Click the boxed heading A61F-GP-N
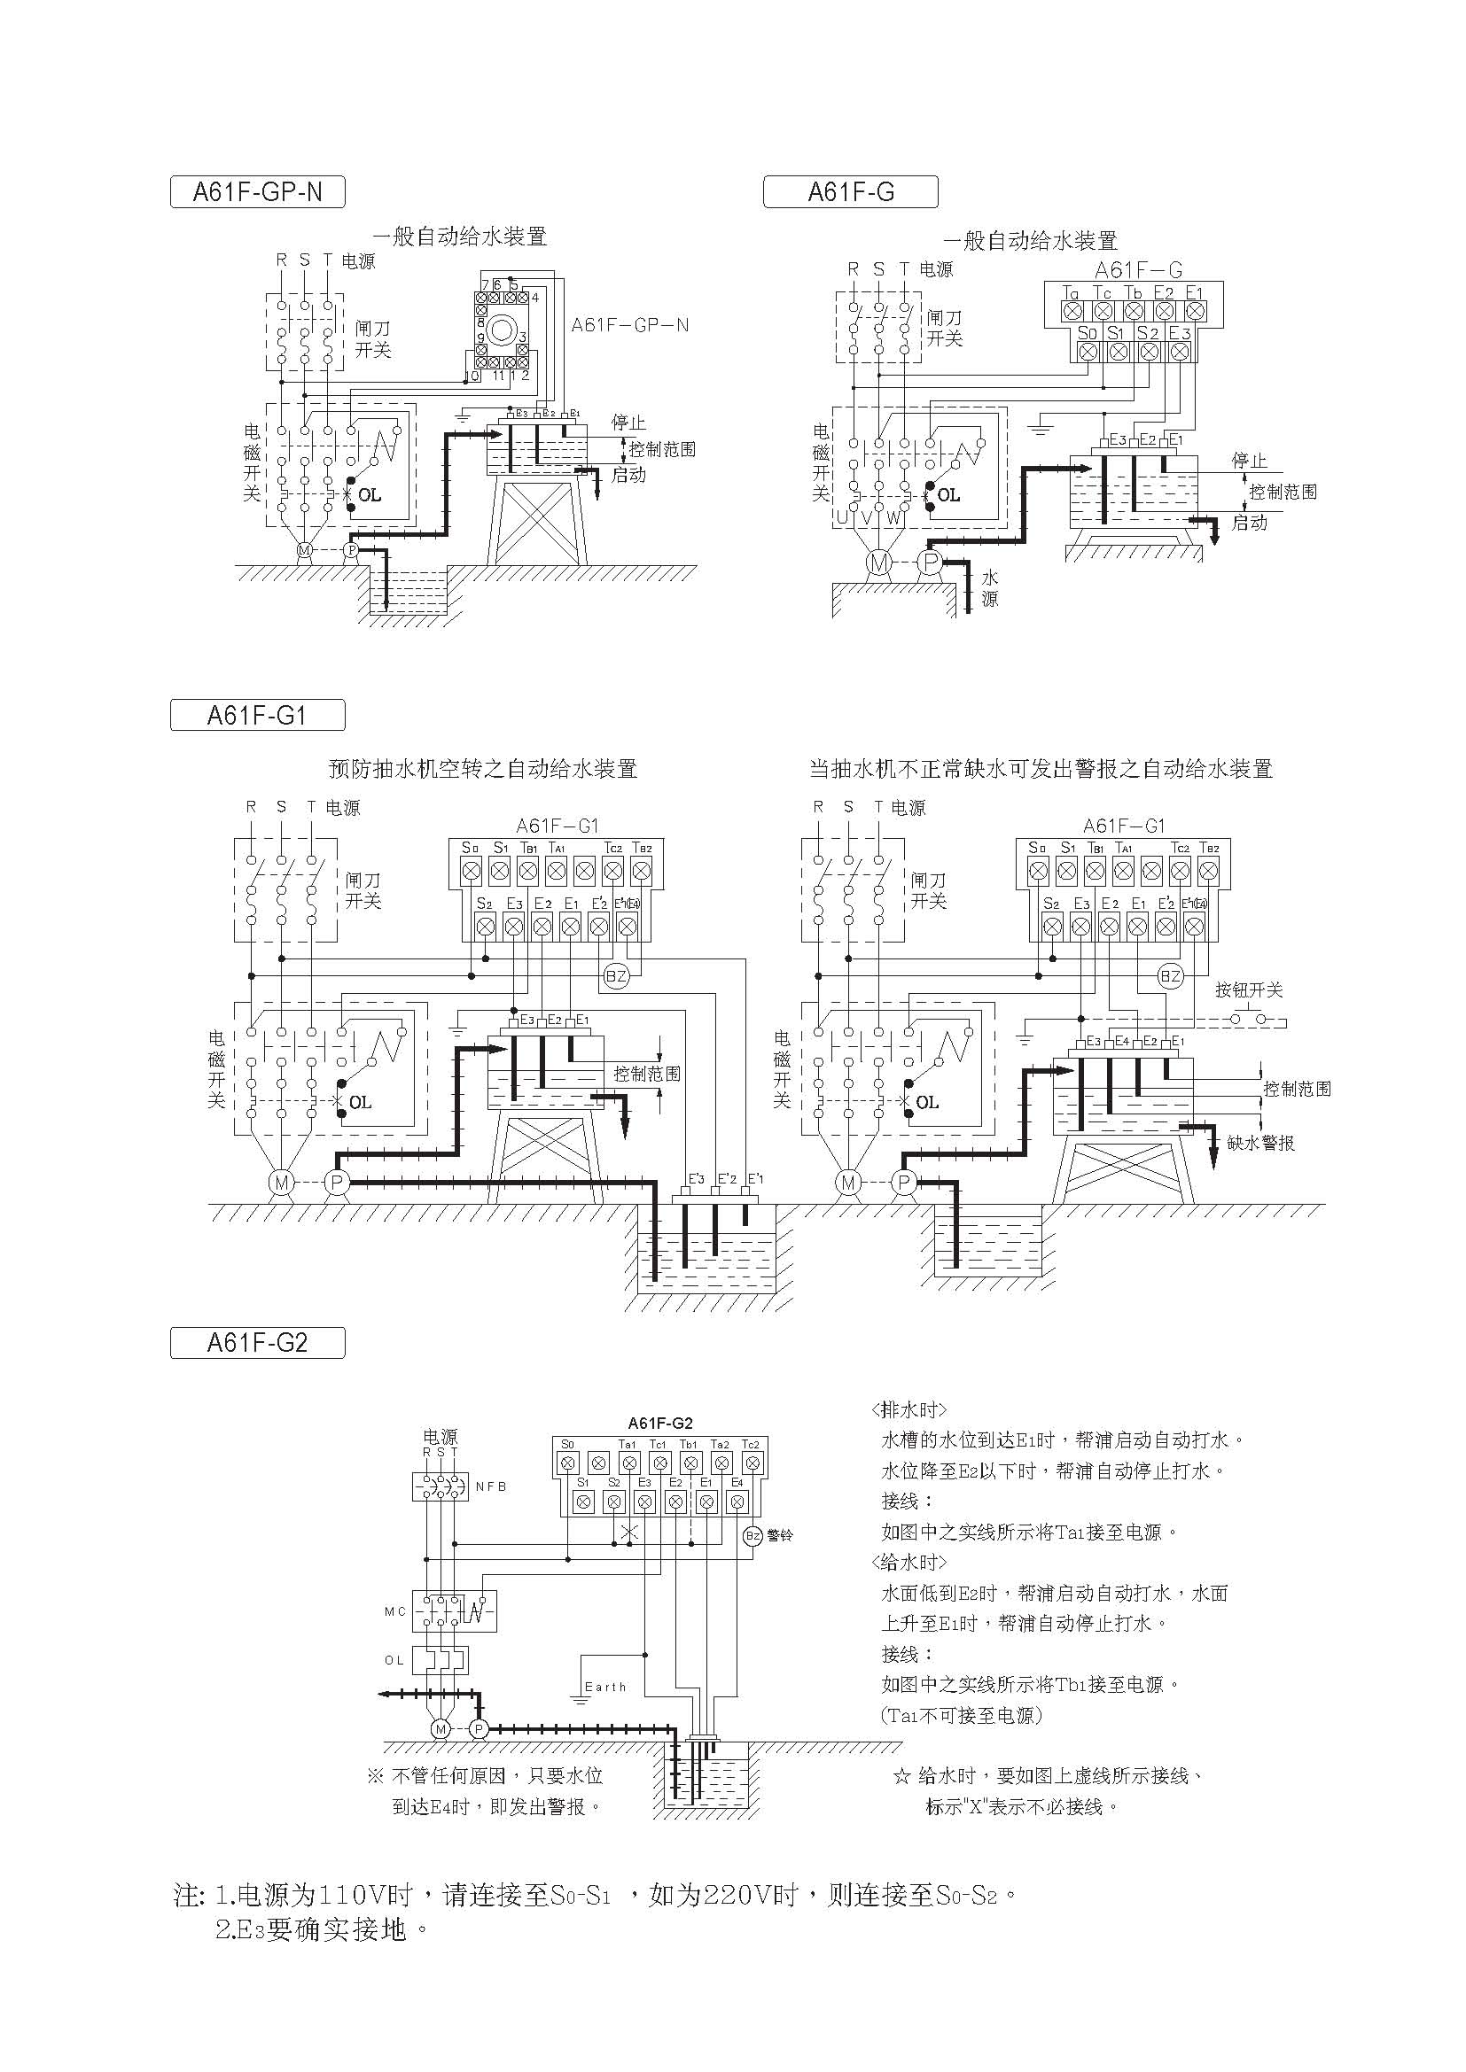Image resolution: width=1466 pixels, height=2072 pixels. [257, 192]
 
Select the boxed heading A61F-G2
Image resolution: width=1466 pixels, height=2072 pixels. [257, 1343]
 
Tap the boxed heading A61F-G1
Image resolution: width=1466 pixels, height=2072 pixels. [257, 716]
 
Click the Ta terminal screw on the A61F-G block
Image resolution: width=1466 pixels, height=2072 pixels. [1072, 311]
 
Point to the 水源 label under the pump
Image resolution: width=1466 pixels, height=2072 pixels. [990, 587]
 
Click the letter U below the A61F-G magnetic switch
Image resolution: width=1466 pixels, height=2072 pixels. [842, 517]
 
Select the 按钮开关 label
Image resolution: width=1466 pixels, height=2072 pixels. [1249, 990]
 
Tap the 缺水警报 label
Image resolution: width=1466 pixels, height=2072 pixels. [1261, 1144]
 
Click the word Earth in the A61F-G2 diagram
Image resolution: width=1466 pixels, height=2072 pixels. [604, 1687]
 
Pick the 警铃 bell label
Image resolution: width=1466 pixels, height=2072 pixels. [779, 1535]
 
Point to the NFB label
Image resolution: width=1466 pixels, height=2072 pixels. [491, 1487]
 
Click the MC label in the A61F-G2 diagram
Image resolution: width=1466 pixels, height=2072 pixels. [395, 1610]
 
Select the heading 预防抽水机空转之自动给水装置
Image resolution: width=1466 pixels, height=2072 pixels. [483, 769]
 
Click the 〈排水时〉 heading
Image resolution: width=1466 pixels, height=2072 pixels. [909, 1409]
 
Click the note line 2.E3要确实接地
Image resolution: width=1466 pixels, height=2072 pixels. [321, 1929]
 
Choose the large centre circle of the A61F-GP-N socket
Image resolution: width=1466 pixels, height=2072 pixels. [502, 330]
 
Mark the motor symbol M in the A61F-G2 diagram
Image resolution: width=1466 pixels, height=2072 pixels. [441, 1729]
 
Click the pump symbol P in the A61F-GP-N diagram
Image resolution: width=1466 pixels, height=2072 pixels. [352, 549]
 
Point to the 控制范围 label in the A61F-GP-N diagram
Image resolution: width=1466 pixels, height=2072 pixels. [662, 449]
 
